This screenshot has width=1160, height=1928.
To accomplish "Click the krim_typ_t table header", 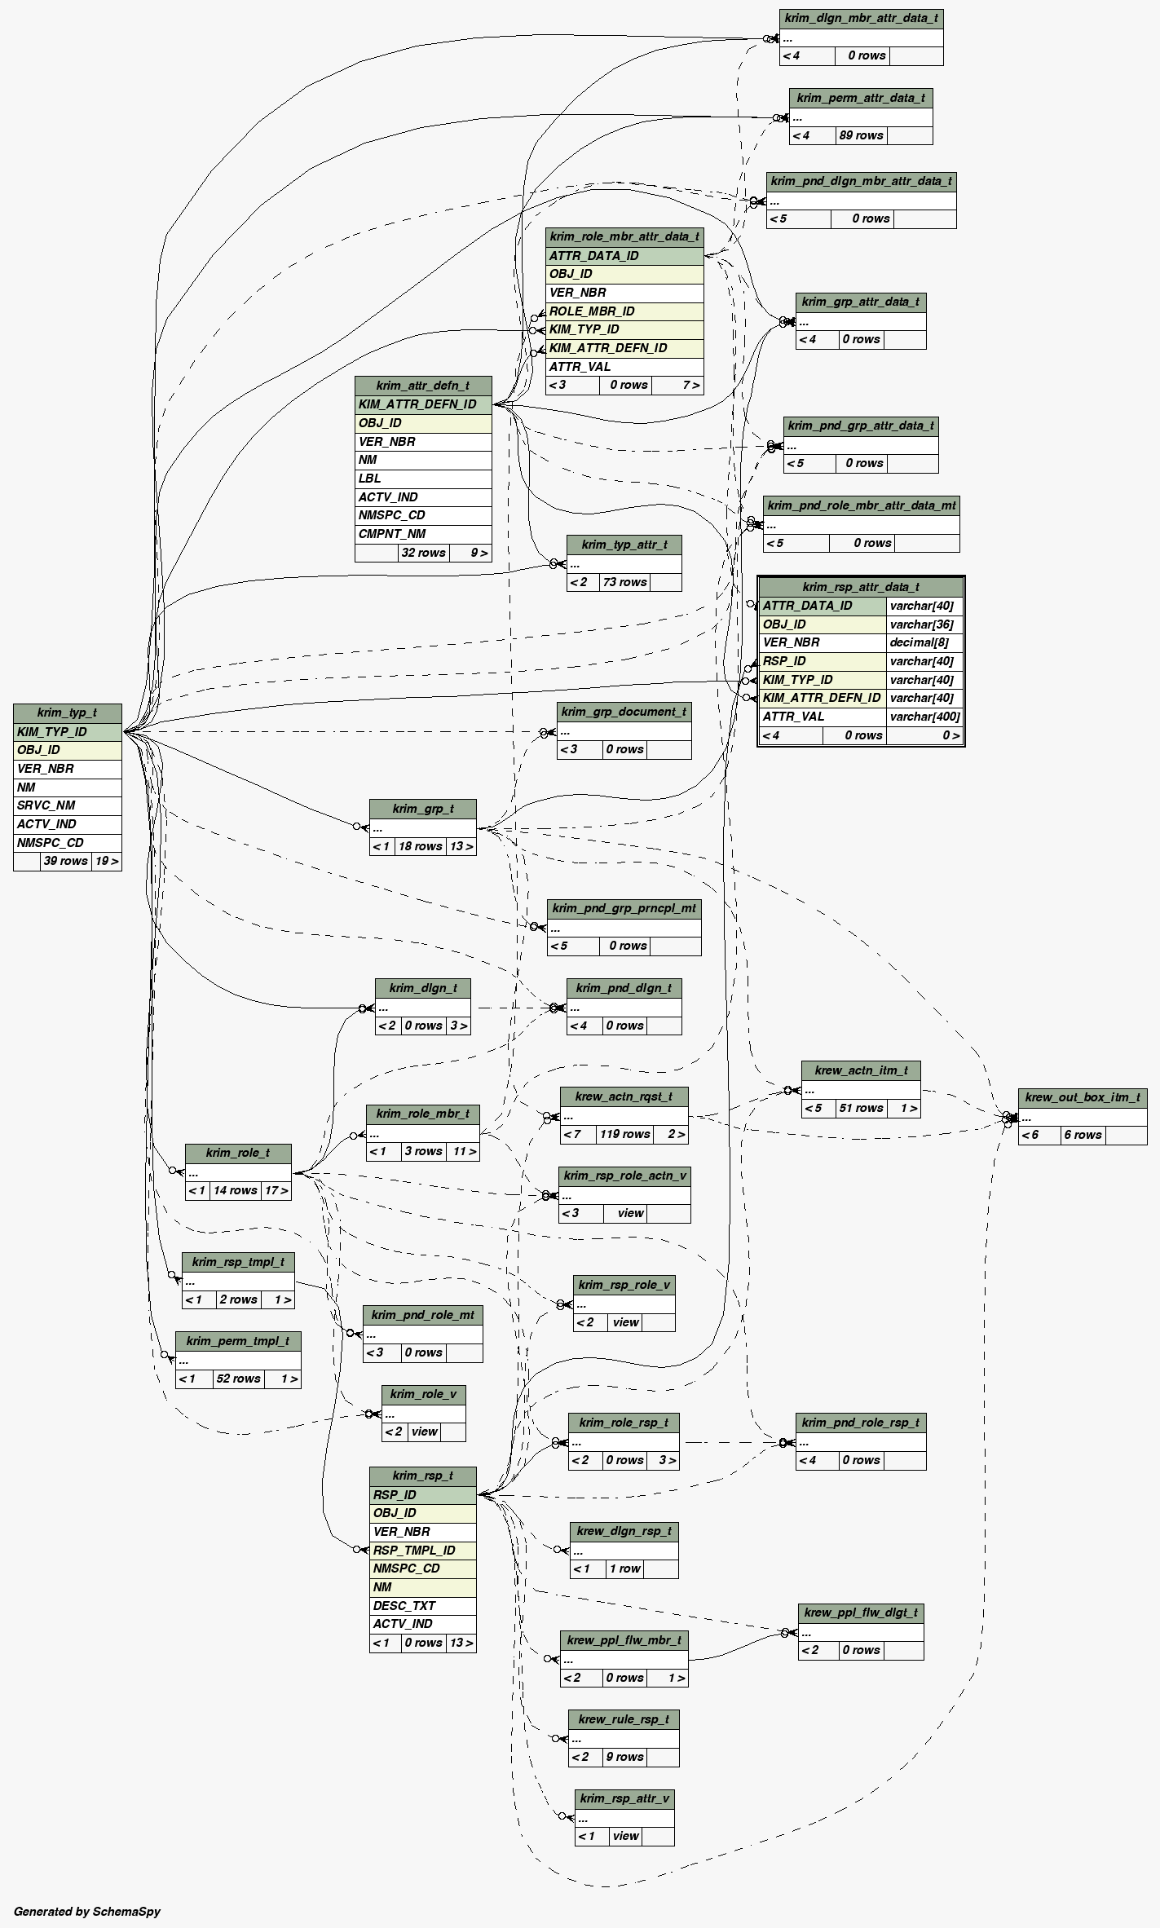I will point(67,713).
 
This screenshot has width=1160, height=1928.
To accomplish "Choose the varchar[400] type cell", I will point(924,717).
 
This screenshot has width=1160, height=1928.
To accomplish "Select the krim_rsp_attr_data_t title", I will point(860,587).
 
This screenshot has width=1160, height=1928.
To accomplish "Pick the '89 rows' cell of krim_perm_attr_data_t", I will point(861,135).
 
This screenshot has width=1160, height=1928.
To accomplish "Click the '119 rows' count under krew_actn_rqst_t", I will point(624,1134).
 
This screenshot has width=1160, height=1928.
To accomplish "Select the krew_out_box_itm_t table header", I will point(1082,1097).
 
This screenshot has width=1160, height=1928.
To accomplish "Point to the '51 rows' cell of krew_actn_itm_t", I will point(860,1108).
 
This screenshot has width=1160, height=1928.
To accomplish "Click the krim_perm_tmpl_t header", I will point(237,1341).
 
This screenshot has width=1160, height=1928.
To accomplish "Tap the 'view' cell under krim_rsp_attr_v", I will point(625,1836).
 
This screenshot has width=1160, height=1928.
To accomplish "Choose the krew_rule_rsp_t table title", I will point(624,1719).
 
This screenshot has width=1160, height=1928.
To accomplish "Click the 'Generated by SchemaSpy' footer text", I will point(87,1911).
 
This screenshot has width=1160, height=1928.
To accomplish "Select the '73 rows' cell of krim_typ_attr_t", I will point(624,582).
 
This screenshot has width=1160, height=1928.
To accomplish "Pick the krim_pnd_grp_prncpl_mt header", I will point(624,908).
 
